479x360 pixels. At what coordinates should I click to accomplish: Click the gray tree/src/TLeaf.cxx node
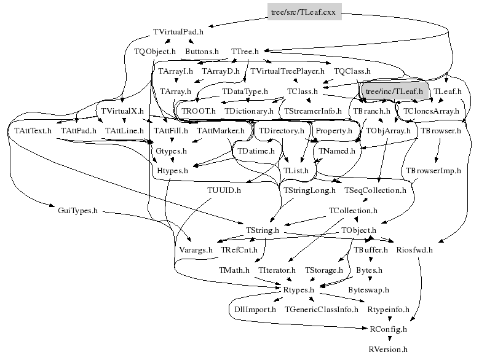coord(304,11)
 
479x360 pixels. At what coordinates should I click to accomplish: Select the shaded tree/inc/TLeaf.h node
coord(394,92)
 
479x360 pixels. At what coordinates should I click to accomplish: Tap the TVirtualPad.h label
coord(178,31)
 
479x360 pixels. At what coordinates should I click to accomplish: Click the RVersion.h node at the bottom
coord(387,349)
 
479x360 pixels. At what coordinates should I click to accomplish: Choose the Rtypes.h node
coord(299,289)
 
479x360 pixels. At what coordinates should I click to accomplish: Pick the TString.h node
coord(263,230)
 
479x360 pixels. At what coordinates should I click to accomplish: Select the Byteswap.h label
coord(368,289)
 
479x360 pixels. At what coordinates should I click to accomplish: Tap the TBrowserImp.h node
coord(433,171)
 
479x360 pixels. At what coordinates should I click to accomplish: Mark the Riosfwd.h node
coord(414,250)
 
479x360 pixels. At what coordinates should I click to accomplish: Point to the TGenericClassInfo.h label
coord(322,310)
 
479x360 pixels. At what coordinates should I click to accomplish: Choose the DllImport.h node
coord(256,310)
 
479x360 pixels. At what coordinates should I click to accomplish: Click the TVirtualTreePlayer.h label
coord(287,71)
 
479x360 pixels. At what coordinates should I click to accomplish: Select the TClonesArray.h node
coord(430,111)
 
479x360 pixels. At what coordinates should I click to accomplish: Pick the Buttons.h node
coord(202,52)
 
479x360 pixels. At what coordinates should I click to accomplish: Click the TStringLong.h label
coord(309,191)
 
